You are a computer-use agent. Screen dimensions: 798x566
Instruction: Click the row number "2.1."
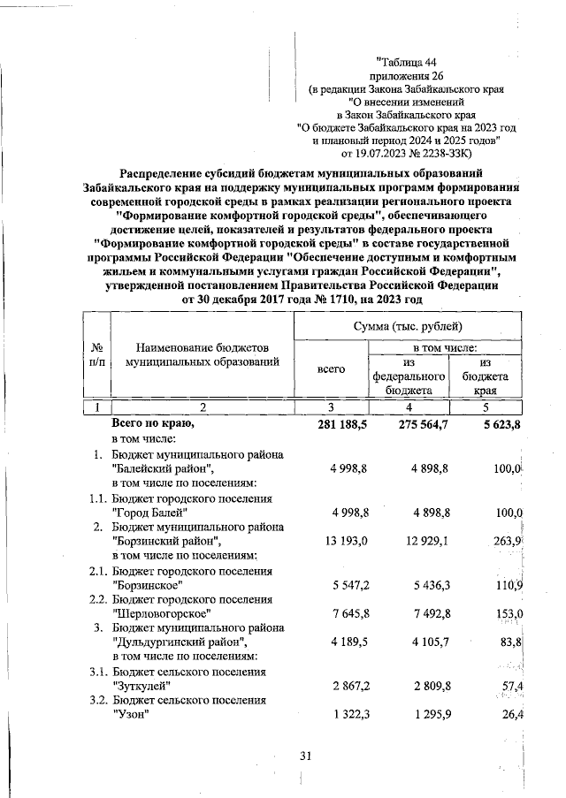point(96,570)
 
